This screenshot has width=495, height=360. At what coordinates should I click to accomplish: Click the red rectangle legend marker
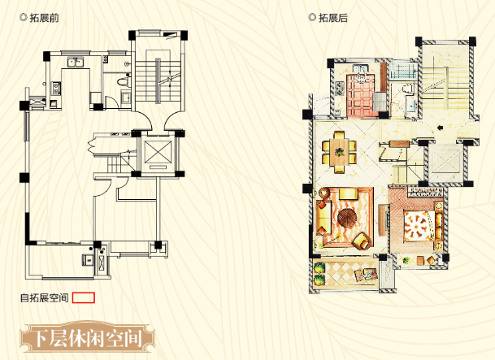coord(85,297)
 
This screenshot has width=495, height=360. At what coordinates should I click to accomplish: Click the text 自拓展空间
coord(45,297)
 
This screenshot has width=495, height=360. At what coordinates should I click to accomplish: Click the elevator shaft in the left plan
coord(157,153)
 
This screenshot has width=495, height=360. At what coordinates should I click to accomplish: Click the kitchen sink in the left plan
coord(74,63)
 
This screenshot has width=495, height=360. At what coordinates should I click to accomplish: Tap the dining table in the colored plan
coord(339,149)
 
